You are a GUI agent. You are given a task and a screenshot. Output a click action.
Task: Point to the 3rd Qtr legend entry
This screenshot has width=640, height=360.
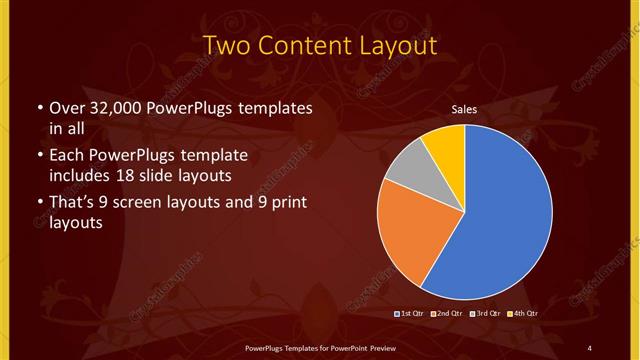point(487,314)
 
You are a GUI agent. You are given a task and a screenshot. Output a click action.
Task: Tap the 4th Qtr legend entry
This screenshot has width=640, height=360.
point(523,314)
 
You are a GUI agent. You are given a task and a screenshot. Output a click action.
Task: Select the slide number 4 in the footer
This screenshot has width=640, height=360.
point(589,347)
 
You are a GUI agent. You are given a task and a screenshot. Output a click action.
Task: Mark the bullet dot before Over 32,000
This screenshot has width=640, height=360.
point(38,108)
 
